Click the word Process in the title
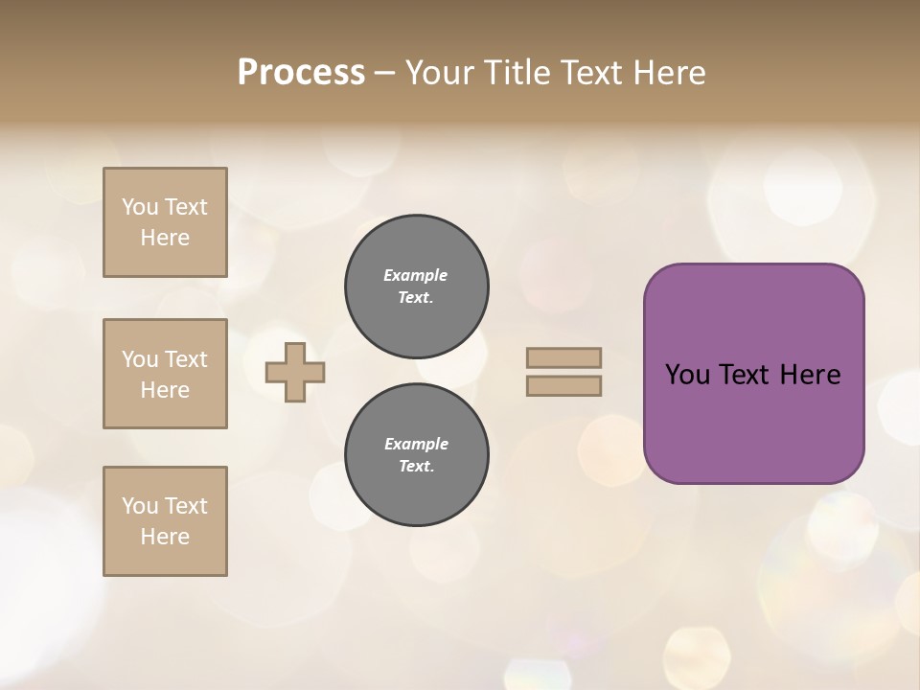coord(301,73)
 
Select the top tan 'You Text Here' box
coord(165,222)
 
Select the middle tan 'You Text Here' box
coord(165,374)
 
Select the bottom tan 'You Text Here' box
coord(165,521)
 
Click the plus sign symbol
coord(295,372)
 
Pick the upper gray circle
coord(416,287)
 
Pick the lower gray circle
coord(416,455)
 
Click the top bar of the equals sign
coord(563,357)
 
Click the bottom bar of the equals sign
coord(563,386)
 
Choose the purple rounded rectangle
coord(753,422)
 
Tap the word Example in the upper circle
coord(416,275)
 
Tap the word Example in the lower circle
coord(416,444)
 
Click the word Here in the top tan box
coord(165,238)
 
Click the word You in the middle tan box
coord(140,359)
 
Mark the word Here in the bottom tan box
coord(165,537)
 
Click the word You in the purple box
coord(687,375)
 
